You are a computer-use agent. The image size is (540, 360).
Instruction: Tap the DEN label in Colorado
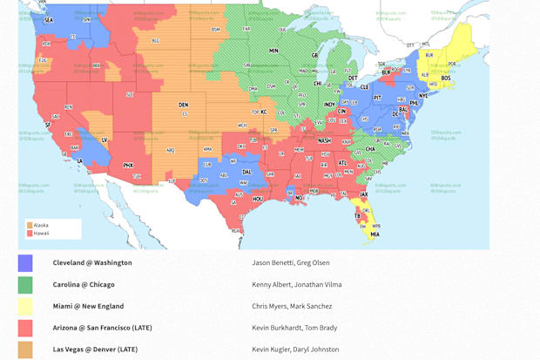(183, 105)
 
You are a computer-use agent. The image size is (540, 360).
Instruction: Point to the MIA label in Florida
(375, 234)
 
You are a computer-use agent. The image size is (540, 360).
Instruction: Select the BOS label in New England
(446, 78)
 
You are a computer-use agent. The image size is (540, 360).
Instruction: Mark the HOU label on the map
(258, 199)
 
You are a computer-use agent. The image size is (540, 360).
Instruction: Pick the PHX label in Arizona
(128, 165)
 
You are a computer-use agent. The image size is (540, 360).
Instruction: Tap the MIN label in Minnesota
(273, 51)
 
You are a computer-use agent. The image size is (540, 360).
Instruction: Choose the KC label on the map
(263, 112)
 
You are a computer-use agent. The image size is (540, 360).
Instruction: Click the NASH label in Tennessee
(324, 140)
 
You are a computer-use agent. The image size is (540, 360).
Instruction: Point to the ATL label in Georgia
(341, 163)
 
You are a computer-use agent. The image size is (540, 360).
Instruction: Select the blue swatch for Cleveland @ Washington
(25, 262)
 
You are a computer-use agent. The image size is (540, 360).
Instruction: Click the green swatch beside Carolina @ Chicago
(25, 284)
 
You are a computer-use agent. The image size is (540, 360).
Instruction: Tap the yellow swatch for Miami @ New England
(25, 306)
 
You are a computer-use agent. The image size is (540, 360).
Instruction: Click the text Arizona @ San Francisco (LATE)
(101, 328)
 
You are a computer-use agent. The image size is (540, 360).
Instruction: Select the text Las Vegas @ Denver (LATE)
(96, 350)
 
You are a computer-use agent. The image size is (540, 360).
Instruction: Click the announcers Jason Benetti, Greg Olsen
(290, 262)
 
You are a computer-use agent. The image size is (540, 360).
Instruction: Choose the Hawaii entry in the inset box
(41, 233)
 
